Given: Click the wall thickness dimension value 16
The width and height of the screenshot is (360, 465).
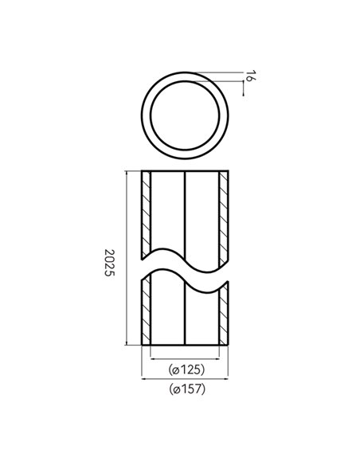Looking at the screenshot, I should (x=250, y=77).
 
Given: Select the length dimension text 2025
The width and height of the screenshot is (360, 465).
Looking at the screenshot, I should (x=111, y=261).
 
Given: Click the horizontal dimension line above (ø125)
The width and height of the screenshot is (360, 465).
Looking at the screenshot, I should (x=185, y=359).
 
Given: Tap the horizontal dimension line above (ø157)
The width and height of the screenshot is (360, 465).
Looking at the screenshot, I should (x=185, y=380).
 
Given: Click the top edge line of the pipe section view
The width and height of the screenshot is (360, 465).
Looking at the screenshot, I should (x=185, y=171).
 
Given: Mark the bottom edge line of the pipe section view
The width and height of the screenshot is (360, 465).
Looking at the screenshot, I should (x=185, y=346).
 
